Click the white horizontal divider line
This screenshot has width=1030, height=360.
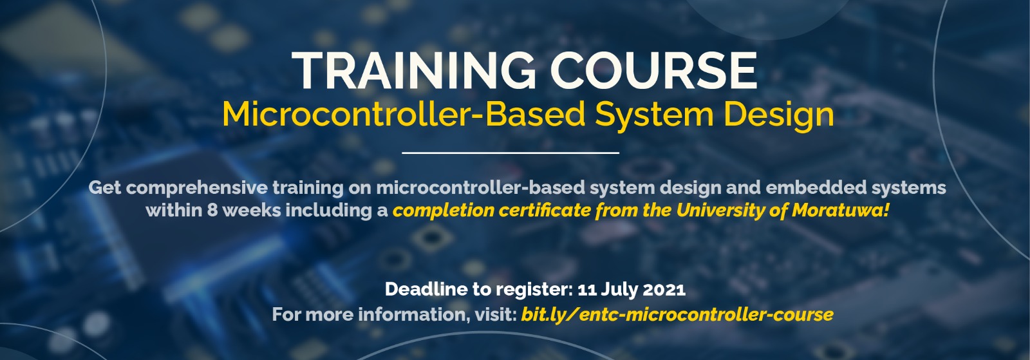point(510,153)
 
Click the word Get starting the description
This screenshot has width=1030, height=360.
point(104,188)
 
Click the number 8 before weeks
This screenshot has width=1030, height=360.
point(212,211)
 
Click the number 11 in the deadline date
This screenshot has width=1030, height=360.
point(586,289)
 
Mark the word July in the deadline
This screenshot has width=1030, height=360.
point(619,290)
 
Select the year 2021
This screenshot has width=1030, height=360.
point(664,289)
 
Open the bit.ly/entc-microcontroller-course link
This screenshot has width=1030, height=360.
point(677,315)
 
